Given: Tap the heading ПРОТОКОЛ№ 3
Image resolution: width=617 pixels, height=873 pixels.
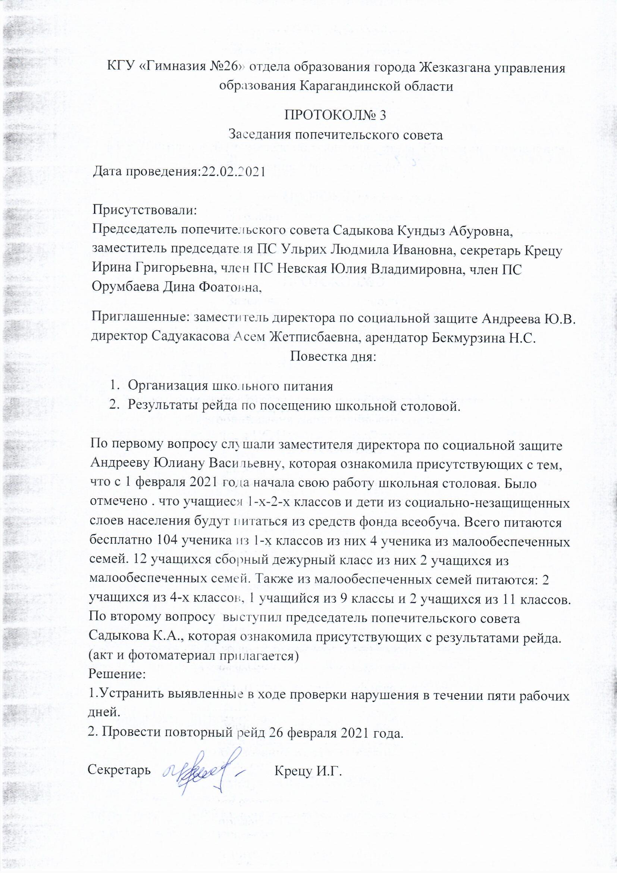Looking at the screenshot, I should [x=335, y=115].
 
